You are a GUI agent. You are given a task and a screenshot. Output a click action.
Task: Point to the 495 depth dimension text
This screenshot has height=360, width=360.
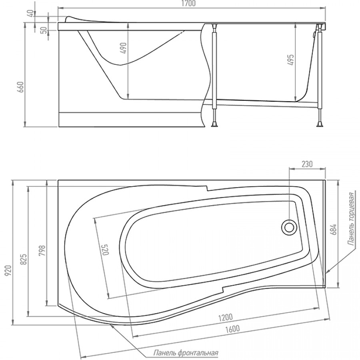click(290, 60)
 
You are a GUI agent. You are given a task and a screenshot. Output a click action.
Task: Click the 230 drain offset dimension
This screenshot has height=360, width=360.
click(307, 164)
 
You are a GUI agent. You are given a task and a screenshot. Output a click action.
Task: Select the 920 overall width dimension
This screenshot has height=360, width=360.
click(8, 271)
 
